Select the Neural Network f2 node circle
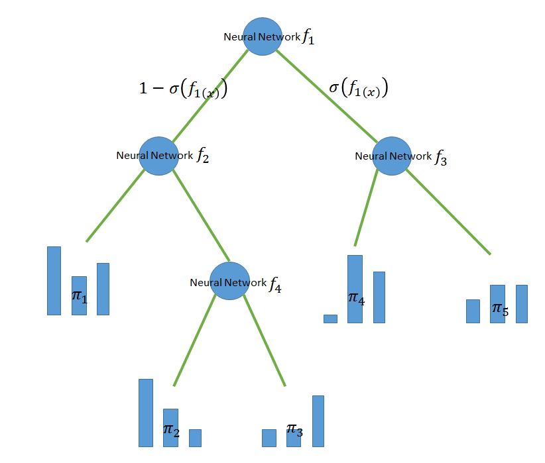158,156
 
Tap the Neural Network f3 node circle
392,156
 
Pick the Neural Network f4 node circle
229,282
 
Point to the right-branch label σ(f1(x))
358,88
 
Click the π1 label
79,295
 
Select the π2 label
171,430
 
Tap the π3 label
295,430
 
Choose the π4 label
356,298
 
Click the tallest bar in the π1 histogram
54,281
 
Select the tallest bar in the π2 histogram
146,413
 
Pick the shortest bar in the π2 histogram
195,438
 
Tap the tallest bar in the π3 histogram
318,421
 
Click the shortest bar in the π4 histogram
330,319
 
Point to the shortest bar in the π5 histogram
473,311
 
